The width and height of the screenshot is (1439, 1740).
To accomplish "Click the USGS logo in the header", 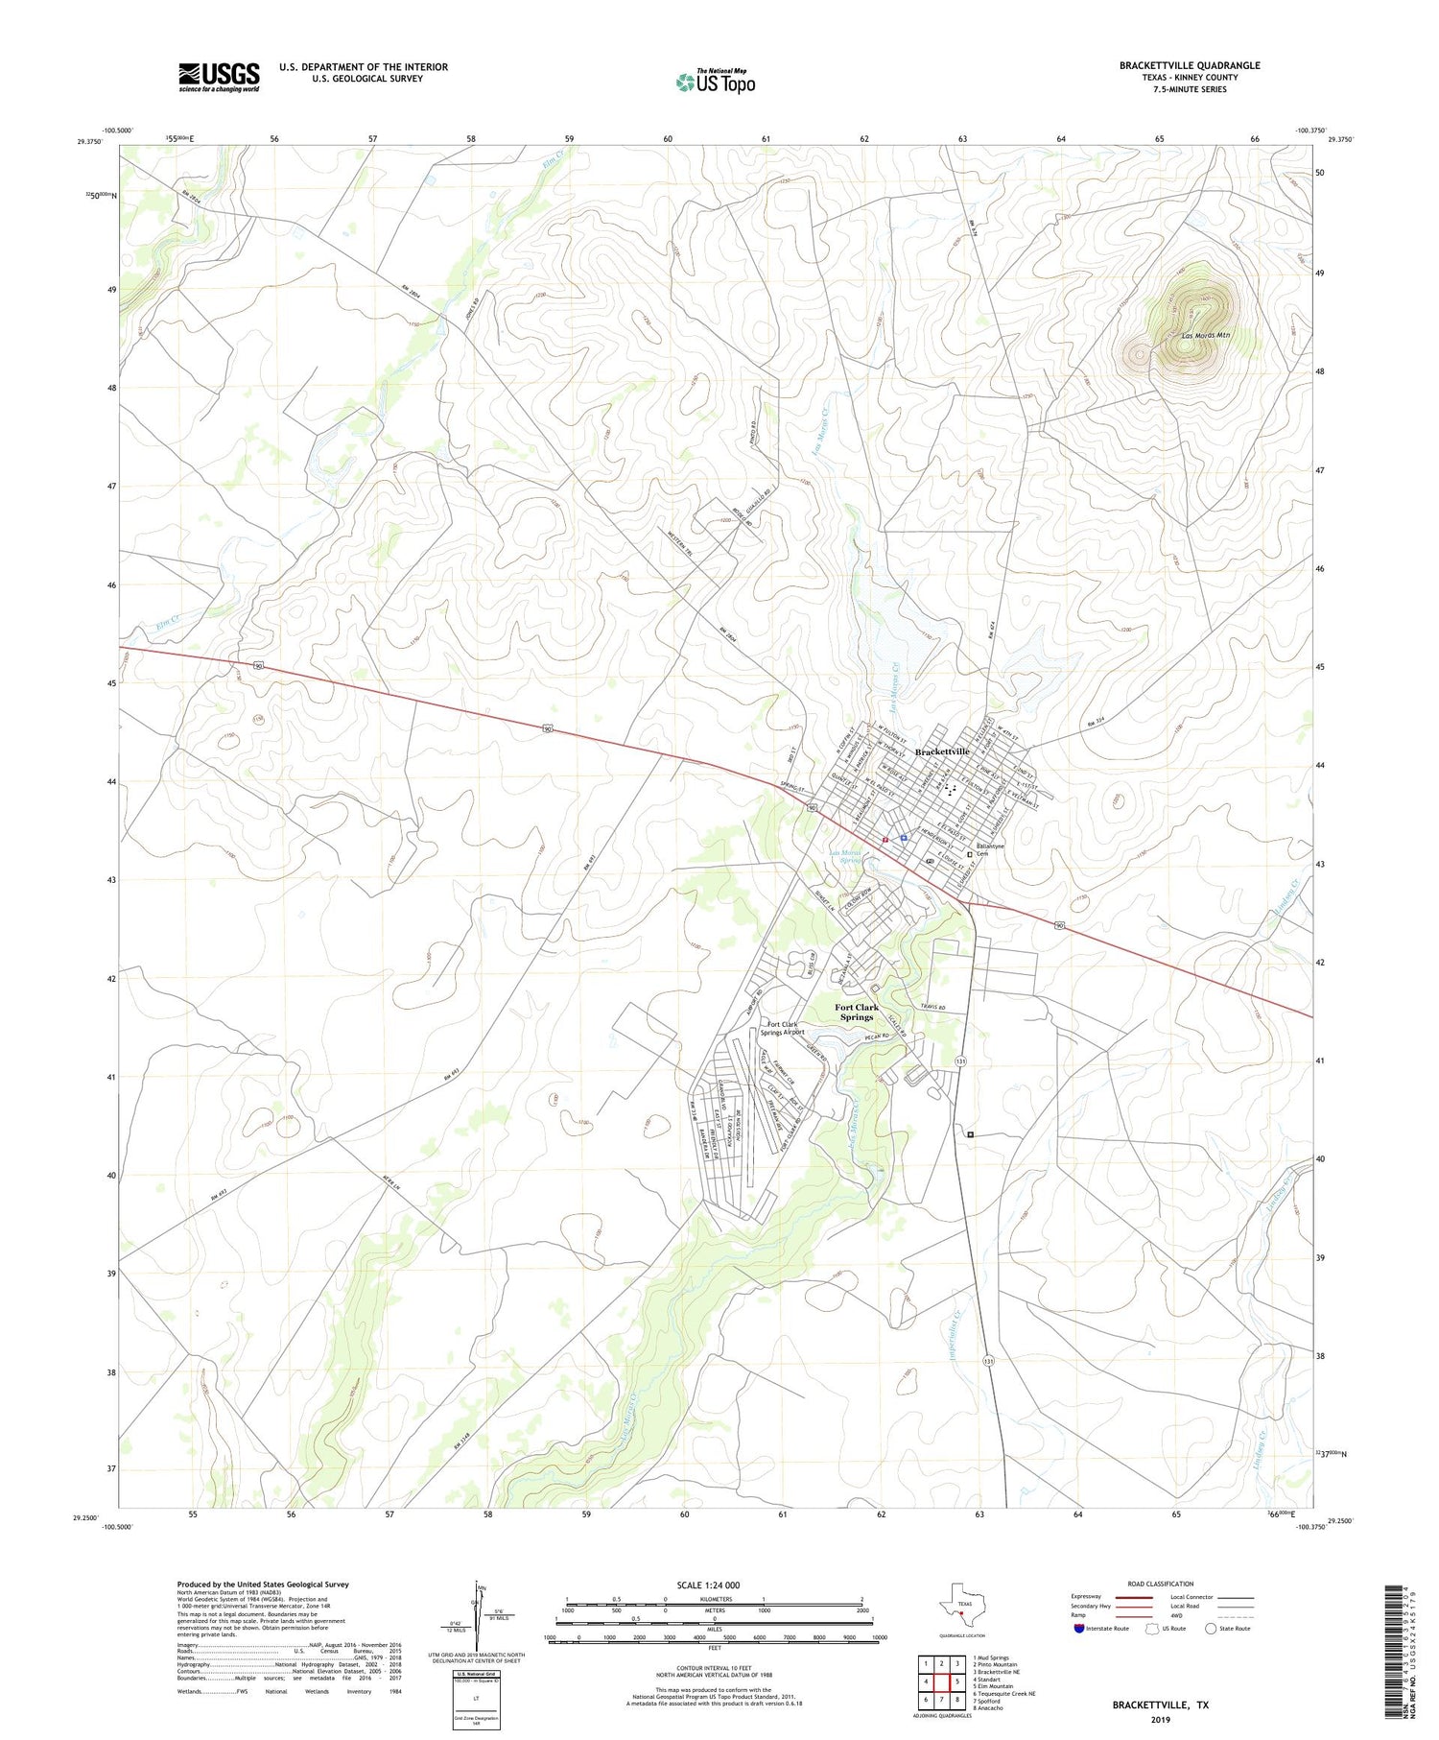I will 219,77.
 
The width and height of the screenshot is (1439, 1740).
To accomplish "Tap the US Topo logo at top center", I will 715,83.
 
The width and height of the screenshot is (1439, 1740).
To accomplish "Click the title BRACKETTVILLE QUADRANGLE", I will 1189,65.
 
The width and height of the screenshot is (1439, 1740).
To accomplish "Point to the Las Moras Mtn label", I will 1205,336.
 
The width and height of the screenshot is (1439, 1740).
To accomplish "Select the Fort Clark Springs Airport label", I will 782,1027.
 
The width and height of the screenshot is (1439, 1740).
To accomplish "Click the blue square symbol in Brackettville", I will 904,838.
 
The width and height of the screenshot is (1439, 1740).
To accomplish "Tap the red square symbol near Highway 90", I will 885,840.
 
